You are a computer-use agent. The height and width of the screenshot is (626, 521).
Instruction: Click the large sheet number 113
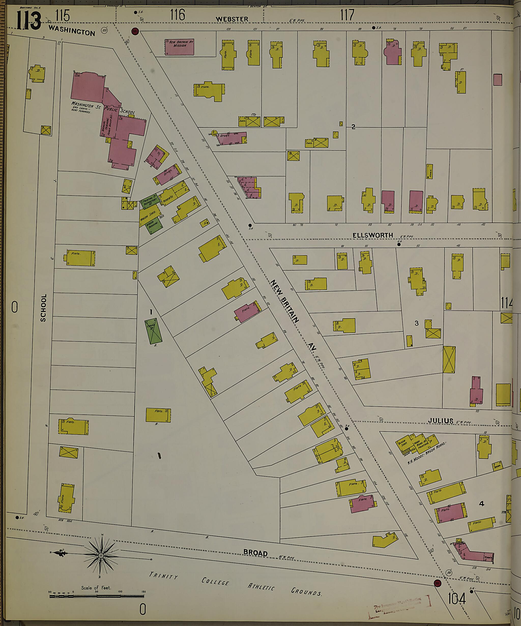coord(29,20)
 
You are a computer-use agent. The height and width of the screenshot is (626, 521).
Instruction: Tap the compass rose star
coord(101,556)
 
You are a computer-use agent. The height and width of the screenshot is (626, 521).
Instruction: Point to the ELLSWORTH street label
coord(372,235)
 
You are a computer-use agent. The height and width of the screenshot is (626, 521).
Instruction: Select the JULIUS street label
coord(440,421)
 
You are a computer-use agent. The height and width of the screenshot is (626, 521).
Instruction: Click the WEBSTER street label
coord(232,19)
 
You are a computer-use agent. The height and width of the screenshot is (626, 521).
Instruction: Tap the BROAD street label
coord(255,553)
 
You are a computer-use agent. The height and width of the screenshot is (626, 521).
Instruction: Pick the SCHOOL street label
coord(44,308)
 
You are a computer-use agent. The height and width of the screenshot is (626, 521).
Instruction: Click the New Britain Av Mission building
coord(180,47)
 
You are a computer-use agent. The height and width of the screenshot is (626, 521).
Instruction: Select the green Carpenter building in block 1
coord(153,331)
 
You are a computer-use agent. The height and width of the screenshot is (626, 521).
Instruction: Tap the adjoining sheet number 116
coord(178,14)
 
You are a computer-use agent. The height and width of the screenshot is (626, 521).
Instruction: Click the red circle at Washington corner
coord(135,31)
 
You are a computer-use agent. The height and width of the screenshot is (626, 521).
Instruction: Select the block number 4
coord(481,503)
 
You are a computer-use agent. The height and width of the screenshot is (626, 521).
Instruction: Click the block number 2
coord(353,127)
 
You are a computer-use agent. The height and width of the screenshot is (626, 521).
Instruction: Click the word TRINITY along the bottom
coord(163,575)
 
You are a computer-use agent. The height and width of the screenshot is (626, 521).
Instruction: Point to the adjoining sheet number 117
coord(347,14)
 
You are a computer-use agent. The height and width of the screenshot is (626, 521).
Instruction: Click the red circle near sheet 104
coord(438,583)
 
